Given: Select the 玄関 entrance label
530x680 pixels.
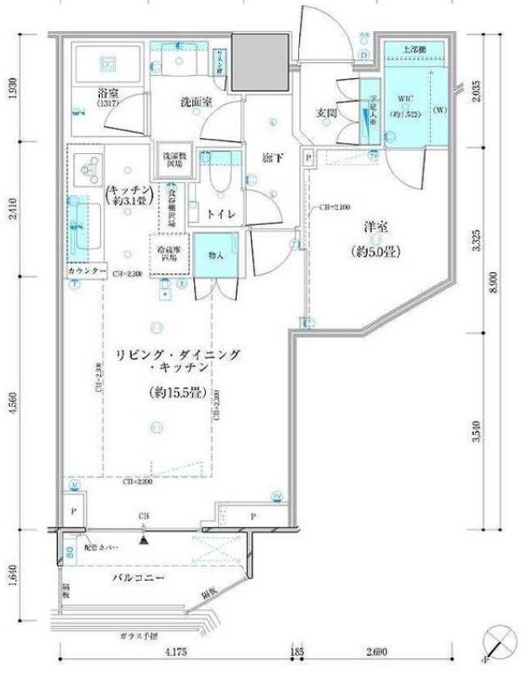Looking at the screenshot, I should pyautogui.click(x=328, y=113).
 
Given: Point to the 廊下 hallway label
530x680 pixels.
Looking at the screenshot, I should pyautogui.click(x=270, y=158).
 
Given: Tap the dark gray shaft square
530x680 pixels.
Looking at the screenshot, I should pyautogui.click(x=259, y=63).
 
